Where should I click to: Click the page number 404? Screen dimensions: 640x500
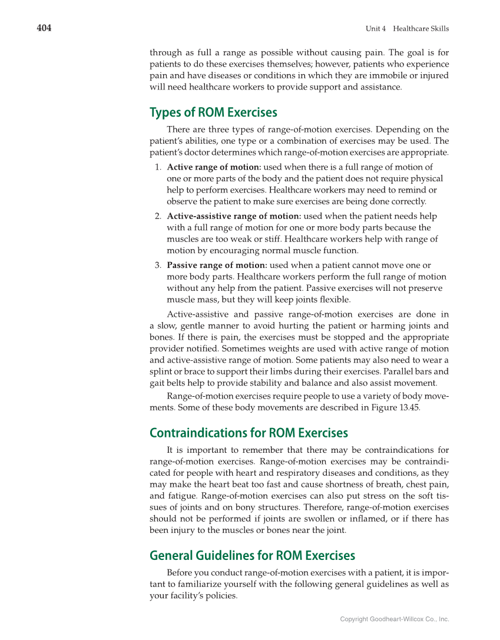44,28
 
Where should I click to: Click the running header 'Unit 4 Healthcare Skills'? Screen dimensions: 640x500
407,29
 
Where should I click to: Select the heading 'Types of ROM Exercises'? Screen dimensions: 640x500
213,112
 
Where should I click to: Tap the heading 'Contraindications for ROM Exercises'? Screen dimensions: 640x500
249,433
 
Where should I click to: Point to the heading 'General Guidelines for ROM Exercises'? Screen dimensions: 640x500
252,556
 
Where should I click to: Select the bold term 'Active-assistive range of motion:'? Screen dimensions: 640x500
234,217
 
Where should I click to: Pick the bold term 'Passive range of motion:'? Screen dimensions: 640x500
217,266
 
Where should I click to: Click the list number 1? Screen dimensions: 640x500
158,167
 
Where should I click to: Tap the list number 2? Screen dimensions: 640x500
158,217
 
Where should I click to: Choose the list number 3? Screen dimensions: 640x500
158,266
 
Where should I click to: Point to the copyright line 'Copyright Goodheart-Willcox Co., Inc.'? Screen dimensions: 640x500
395,619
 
